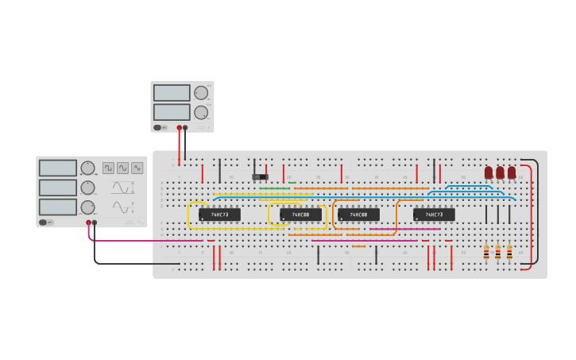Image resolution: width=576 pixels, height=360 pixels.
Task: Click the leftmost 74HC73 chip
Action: coord(219,215)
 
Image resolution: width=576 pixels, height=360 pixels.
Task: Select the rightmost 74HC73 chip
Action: coord(434,215)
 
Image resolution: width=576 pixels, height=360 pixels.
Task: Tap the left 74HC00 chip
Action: coord(300,215)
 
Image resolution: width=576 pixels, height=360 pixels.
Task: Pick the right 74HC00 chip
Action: coord(358,215)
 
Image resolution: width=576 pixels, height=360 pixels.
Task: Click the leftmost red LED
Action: coord(489,172)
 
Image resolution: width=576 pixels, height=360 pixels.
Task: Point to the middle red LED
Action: coord(500,172)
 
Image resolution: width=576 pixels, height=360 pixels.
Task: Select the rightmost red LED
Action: coord(512,172)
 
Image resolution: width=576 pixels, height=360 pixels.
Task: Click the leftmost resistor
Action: coord(486,253)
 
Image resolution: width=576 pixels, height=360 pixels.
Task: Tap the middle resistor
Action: coord(498,253)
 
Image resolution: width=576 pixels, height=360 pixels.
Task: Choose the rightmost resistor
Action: coord(509,253)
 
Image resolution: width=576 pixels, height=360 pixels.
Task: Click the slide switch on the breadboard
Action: coord(260,176)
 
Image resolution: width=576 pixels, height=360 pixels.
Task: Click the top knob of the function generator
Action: coord(87,168)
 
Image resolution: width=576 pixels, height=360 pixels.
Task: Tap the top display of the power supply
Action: coord(172,93)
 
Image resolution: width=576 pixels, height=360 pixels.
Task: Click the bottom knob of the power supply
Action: coord(201,112)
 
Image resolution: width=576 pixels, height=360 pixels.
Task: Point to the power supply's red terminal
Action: coord(180,127)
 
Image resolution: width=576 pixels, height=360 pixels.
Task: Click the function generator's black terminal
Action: coord(95,223)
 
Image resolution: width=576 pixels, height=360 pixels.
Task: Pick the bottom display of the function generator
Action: coord(58,207)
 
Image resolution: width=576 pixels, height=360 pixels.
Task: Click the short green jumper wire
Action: coord(292,183)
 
